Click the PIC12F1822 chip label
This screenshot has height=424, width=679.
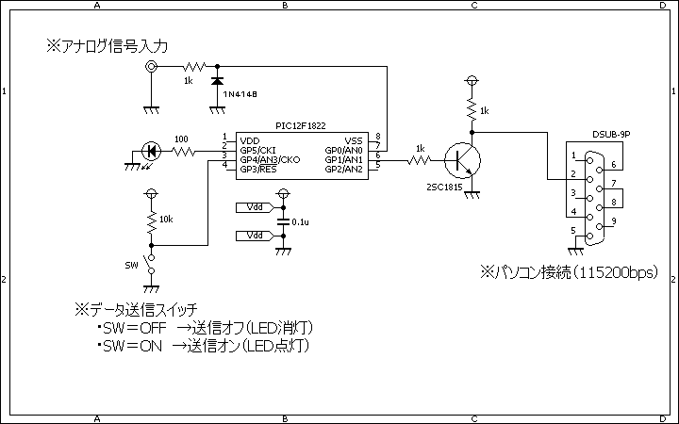pos(301,126)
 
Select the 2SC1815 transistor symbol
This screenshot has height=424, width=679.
pos(462,160)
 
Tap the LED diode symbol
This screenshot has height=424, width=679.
pos(151,152)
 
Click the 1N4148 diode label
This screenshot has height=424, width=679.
pos(240,94)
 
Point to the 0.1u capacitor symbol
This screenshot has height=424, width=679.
pos(283,221)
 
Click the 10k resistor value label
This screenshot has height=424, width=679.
pos(166,220)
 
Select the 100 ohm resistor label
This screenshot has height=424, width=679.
pos(181,139)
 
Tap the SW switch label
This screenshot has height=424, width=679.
pos(131,265)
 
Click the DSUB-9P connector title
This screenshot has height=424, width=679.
pos(611,135)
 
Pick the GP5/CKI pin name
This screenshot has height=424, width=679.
pos(257,151)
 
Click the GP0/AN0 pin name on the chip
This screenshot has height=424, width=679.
pos(344,151)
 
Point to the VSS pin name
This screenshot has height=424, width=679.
pos(354,141)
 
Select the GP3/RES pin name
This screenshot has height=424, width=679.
pos(258,170)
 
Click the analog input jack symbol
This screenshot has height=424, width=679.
pos(152,67)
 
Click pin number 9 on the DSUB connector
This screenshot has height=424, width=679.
pos(614,221)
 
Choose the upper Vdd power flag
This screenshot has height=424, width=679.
pos(255,207)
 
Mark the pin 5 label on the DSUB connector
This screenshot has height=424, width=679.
pos(573,231)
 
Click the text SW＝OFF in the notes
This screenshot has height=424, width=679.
pos(135,328)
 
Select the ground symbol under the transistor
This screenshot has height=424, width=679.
pos(472,196)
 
